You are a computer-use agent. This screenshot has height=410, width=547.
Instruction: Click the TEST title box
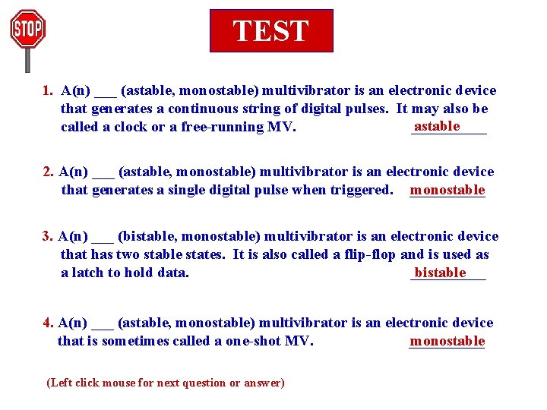271,30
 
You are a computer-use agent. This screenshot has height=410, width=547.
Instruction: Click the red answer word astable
437,126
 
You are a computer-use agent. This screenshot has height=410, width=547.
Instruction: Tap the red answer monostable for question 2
447,190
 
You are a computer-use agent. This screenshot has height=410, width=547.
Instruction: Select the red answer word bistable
440,273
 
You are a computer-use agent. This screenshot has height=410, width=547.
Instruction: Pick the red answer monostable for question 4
447,341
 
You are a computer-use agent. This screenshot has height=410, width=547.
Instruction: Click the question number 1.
48,91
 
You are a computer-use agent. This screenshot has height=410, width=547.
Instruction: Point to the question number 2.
48,172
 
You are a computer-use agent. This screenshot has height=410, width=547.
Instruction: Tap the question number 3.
47,236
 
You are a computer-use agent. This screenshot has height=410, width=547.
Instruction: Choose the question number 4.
47,323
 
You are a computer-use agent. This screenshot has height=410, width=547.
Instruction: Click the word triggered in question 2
361,190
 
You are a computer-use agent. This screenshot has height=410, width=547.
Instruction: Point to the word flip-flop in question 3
367,254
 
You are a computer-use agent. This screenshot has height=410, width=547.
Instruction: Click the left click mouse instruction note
166,383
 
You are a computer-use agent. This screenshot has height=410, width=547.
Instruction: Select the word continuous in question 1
201,109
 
